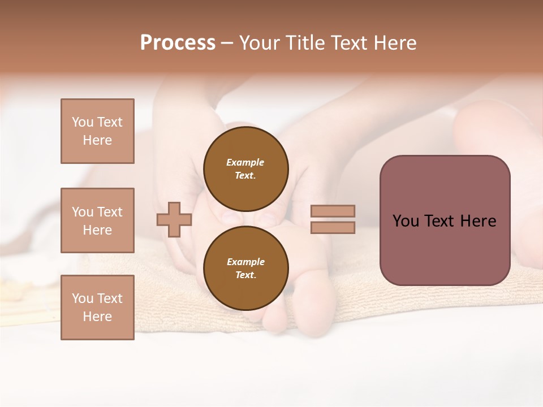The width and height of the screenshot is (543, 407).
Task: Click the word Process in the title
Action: tap(178, 43)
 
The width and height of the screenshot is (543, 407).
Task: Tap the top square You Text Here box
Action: tap(97, 131)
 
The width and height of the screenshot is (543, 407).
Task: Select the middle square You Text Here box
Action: tap(97, 220)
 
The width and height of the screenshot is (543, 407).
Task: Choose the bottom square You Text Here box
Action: tap(97, 308)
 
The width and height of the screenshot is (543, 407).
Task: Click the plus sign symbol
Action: tap(174, 219)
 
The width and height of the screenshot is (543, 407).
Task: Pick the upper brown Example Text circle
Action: tap(246, 168)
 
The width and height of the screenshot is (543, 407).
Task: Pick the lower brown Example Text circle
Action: tap(246, 268)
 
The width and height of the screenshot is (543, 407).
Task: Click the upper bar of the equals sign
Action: tap(333, 211)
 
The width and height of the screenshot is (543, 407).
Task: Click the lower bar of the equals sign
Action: tap(333, 227)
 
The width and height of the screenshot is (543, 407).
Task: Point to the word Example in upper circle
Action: tap(245, 162)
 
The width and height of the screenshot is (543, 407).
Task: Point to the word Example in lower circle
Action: tap(245, 262)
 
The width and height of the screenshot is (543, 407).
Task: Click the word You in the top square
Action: tap(83, 122)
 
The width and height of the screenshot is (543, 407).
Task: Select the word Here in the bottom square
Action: tap(97, 317)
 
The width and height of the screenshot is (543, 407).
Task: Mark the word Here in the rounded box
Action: tap(478, 221)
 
